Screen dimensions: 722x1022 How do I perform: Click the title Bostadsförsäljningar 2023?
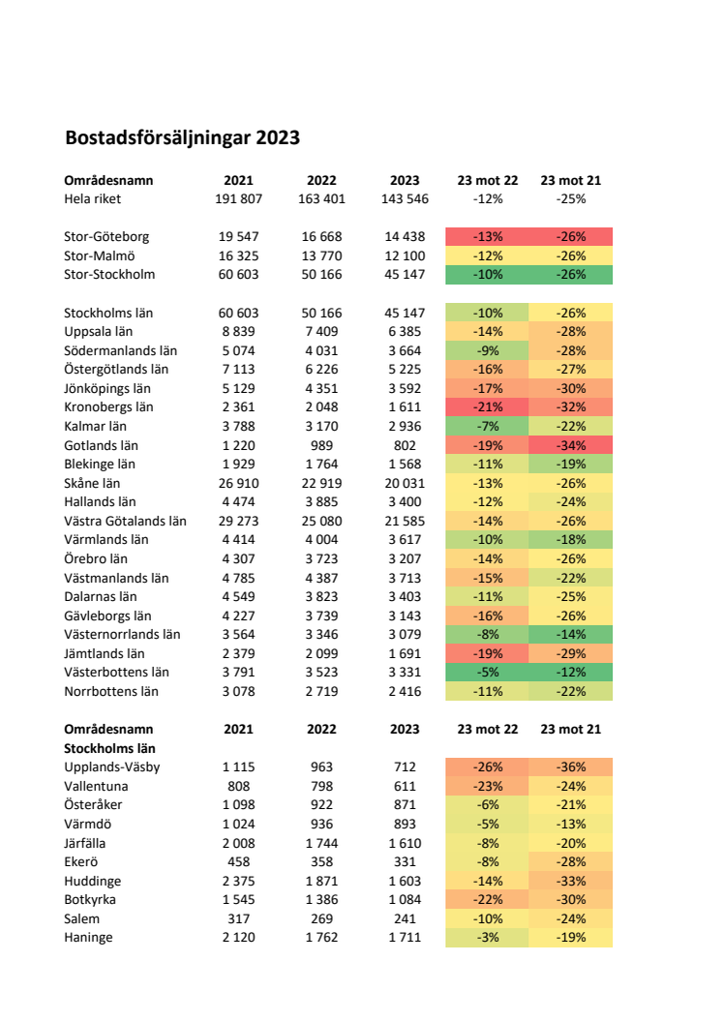[x=183, y=138]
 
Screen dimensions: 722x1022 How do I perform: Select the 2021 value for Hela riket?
[x=238, y=198]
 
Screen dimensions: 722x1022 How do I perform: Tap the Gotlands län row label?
[x=101, y=445]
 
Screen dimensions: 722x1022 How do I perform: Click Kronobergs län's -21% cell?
[x=488, y=407]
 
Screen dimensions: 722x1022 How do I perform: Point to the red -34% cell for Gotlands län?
[x=571, y=445]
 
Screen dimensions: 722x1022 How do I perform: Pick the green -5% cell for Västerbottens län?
[x=488, y=672]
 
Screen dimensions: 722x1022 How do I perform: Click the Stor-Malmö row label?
[x=99, y=255]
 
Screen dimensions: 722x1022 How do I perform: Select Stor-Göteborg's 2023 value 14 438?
[x=405, y=236]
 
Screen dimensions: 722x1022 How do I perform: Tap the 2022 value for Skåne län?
[x=322, y=483]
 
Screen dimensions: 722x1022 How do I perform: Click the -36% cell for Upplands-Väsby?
[x=571, y=767]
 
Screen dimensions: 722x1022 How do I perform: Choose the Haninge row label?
[x=88, y=937]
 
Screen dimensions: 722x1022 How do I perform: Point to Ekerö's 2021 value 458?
[x=238, y=861]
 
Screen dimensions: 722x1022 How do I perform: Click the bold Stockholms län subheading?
[x=109, y=748]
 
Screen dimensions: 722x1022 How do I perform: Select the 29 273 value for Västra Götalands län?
[x=238, y=521]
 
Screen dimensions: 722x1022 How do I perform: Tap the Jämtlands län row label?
[x=105, y=653]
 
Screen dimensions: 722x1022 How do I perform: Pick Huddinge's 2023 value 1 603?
[x=405, y=881]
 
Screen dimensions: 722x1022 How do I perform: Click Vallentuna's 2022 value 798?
[x=322, y=786]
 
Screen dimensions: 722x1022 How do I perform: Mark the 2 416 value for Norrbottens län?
[x=405, y=691]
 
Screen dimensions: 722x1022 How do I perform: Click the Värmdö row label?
[x=87, y=824]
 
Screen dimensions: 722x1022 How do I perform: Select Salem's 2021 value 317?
[x=238, y=918]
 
